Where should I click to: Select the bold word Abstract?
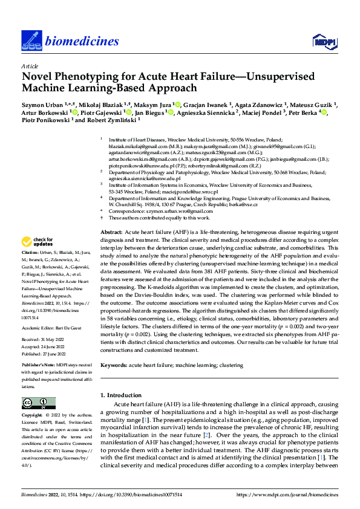tap(112, 216)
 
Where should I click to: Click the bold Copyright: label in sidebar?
tap(33, 416)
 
